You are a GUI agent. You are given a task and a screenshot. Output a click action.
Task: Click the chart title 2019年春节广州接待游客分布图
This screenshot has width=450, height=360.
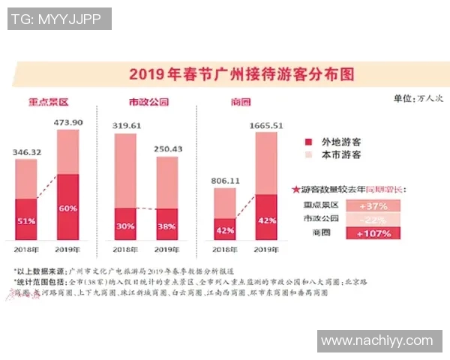(x=241, y=75)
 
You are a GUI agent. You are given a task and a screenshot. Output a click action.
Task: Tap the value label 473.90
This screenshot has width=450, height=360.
(x=68, y=122)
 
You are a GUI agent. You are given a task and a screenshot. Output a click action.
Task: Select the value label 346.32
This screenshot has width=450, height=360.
(x=26, y=152)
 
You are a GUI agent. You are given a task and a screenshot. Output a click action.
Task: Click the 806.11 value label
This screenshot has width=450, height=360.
(x=225, y=181)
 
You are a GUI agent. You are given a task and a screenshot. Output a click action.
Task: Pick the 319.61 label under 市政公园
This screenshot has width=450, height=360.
(x=127, y=125)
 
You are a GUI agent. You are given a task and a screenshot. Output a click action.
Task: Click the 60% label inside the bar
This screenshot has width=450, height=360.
(x=67, y=208)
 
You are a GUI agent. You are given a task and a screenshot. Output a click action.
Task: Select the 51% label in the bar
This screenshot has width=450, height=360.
(x=26, y=220)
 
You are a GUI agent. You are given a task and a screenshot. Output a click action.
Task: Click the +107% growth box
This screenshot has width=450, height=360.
(x=373, y=233)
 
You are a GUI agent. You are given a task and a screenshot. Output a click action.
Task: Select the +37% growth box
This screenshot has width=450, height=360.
(x=373, y=205)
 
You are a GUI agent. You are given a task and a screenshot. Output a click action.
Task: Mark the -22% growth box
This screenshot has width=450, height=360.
(x=373, y=219)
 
